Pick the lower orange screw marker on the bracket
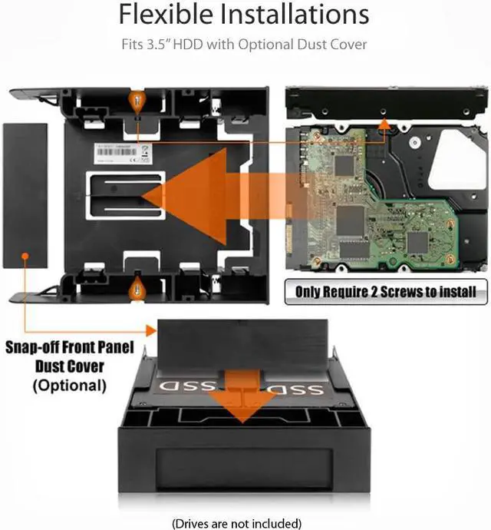click(138, 287)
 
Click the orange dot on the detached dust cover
click(25, 254)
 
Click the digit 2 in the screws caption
click(378, 291)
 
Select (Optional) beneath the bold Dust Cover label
click(69, 384)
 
